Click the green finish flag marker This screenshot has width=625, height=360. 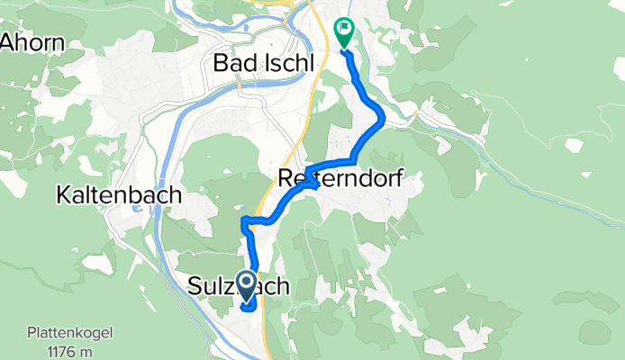pos(344,33)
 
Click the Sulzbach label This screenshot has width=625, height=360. pos(239,287)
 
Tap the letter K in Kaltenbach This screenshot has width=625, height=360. pos(63,194)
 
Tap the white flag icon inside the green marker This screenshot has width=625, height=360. pos(344,31)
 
